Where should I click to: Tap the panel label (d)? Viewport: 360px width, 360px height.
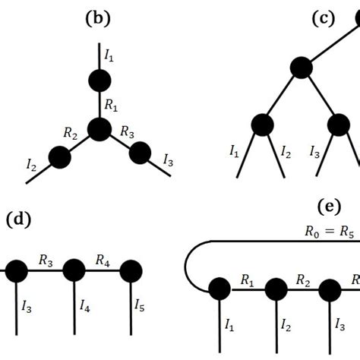(18, 220)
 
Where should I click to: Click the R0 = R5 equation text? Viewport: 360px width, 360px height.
(325, 232)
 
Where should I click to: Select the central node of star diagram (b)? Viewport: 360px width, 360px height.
(99, 130)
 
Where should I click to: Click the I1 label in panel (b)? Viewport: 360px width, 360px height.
(110, 55)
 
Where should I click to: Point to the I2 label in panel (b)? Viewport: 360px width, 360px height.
(31, 163)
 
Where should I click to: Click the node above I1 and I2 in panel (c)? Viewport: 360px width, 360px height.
(262, 124)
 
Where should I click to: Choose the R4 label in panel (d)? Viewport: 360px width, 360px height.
(103, 261)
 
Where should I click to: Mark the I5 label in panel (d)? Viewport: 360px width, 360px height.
(140, 306)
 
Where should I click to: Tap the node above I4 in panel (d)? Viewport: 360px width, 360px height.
(74, 270)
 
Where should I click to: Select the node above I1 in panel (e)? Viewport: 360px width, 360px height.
(219, 289)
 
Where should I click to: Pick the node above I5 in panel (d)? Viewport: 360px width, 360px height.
(131, 270)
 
